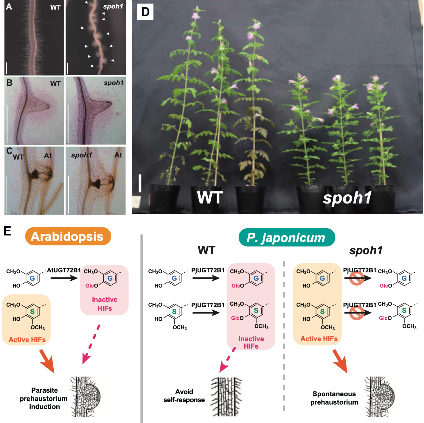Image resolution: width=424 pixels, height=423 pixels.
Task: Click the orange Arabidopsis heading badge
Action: click(x=68, y=236)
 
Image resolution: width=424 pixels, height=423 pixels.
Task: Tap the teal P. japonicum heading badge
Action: click(x=287, y=238)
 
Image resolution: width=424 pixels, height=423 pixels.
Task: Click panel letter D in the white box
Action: click(x=145, y=12)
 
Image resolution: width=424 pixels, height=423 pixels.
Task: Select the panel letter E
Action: click(x=7, y=231)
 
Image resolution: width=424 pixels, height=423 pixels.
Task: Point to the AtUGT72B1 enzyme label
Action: click(x=64, y=270)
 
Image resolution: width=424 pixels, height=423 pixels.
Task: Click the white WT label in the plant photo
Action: click(x=210, y=197)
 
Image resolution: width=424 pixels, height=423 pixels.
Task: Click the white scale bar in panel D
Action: click(x=140, y=183)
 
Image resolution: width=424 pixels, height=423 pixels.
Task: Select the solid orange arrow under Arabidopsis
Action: click(x=47, y=361)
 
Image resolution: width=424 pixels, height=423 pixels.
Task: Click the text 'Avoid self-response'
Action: click(x=184, y=396)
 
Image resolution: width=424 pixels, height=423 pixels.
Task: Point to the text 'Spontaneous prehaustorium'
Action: click(x=334, y=398)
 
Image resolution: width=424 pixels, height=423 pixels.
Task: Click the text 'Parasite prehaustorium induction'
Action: click(x=44, y=398)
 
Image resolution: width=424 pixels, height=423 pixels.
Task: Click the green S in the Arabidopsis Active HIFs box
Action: click(x=32, y=312)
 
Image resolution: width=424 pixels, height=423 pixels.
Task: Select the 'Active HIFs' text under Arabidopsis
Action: click(x=27, y=340)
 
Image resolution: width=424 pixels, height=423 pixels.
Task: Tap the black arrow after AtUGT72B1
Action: click(x=64, y=278)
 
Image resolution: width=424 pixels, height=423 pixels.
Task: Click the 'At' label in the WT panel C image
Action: click(x=48, y=156)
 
